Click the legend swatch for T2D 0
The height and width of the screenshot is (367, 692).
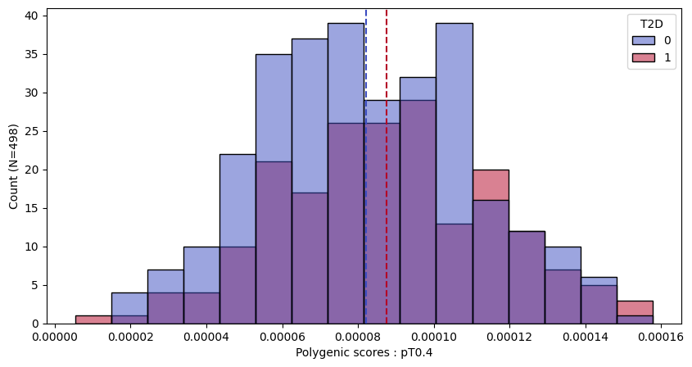643,40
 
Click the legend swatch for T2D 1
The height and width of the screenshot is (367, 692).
643,58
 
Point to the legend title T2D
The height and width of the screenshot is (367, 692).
652,23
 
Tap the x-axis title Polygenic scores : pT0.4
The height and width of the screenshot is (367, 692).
364,353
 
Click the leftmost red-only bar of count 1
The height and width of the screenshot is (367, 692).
93,319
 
